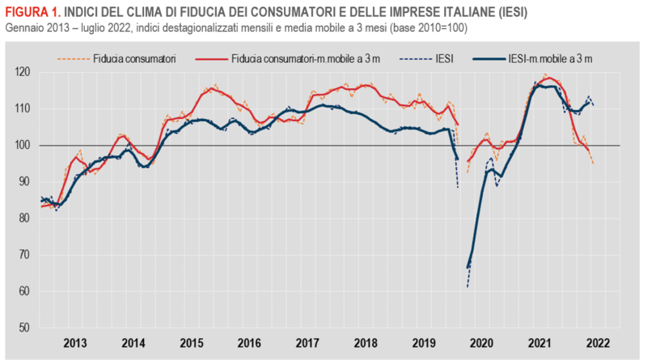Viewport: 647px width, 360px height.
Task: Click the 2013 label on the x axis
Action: click(75, 342)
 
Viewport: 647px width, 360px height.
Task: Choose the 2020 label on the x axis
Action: click(483, 342)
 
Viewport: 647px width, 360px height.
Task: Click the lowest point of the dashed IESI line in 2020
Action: click(467, 287)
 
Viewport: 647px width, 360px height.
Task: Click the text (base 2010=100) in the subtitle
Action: click(422, 28)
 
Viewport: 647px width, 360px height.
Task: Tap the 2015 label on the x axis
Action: click(192, 342)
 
